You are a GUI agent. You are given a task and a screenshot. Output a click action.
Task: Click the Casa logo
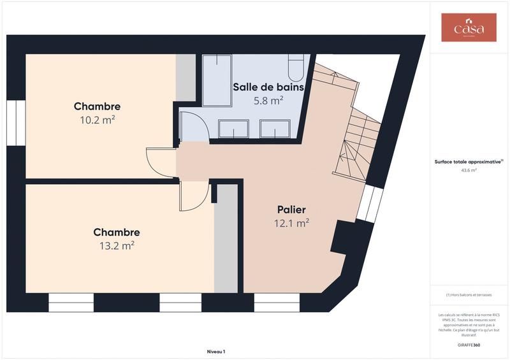tap(469, 28)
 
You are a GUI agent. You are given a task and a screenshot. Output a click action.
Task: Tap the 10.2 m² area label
tap(97, 119)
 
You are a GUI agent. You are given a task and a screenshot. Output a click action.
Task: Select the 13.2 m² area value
tap(116, 245)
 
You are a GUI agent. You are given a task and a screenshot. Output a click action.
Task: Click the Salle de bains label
tap(268, 87)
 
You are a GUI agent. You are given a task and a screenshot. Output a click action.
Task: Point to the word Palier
tap(291, 210)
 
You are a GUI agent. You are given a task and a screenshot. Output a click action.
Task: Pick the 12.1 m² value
tap(291, 223)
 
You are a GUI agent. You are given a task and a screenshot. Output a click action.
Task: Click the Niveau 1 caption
tap(216, 351)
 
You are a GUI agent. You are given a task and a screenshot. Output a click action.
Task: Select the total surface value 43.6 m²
tap(469, 171)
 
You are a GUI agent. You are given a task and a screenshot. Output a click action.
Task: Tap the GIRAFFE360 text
tap(469, 344)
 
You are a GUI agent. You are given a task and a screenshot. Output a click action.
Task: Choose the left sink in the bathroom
tap(233, 129)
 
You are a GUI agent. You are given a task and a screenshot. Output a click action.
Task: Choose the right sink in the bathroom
tap(275, 129)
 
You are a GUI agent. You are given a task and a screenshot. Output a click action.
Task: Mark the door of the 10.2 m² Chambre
tap(159, 162)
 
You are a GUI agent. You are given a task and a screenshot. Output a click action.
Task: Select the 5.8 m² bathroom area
tap(268, 101)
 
